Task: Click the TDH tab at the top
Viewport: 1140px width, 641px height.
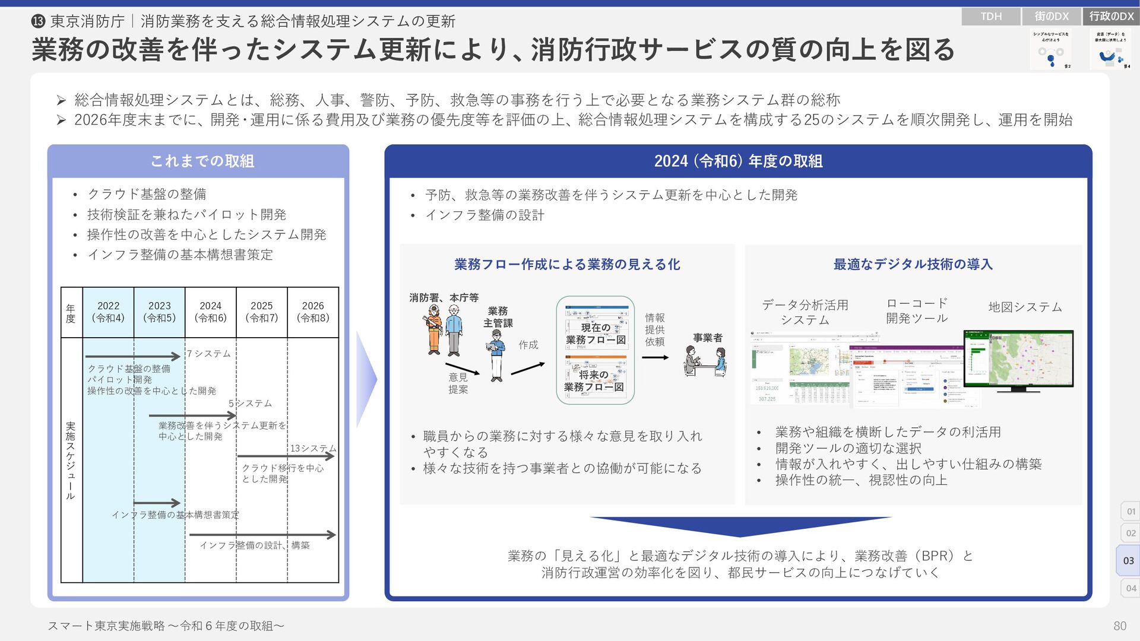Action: [990, 17]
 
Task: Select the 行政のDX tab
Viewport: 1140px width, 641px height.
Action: [1111, 17]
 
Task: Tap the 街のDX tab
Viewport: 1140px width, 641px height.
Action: [1051, 17]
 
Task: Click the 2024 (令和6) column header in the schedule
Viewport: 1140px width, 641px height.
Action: [211, 312]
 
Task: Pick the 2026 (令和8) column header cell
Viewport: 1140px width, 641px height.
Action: [313, 312]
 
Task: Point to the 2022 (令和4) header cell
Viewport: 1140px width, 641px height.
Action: [108, 312]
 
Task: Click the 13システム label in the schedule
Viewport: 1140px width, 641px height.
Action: [313, 448]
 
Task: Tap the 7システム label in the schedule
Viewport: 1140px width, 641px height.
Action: [208, 354]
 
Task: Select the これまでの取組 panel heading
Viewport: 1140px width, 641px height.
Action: [202, 161]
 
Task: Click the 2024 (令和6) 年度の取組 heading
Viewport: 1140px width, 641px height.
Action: [738, 161]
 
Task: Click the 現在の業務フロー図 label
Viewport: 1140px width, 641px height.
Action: [596, 334]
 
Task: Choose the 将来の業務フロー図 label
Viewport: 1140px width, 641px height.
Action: [594, 381]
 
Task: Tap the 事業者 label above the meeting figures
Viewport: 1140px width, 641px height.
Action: [707, 338]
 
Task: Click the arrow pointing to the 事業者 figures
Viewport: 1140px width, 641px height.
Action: [655, 357]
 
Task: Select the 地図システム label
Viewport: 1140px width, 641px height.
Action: [1025, 307]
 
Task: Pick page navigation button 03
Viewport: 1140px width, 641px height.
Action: [1128, 560]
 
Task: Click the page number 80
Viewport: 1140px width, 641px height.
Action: [1119, 626]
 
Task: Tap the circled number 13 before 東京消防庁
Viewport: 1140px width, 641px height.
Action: [38, 21]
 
